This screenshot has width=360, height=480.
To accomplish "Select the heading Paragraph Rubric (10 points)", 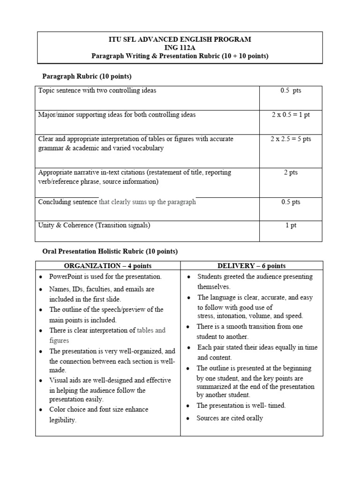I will coord(87,76).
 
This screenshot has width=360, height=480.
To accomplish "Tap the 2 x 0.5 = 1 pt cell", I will coord(290,115).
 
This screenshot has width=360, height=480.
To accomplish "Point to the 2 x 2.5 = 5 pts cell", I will coord(290,139).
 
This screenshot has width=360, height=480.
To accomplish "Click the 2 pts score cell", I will coord(290,172).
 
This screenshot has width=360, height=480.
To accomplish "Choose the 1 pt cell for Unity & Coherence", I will coord(291,225).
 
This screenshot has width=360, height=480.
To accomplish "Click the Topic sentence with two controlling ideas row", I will coord(97,90).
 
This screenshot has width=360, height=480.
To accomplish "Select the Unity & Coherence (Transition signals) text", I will coord(94,225).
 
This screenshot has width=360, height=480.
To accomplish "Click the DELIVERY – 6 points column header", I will coord(251,266).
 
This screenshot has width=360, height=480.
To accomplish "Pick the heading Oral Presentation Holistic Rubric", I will coord(110,251).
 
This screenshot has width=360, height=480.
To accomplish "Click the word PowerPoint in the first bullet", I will coord(66,277).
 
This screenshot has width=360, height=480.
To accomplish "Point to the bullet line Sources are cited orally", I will coord(230,418).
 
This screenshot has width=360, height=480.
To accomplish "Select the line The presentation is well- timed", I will coord(241,405).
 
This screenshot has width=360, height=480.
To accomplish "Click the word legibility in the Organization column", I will coord(62,420).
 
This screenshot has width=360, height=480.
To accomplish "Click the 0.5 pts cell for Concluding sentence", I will coord(290,202).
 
